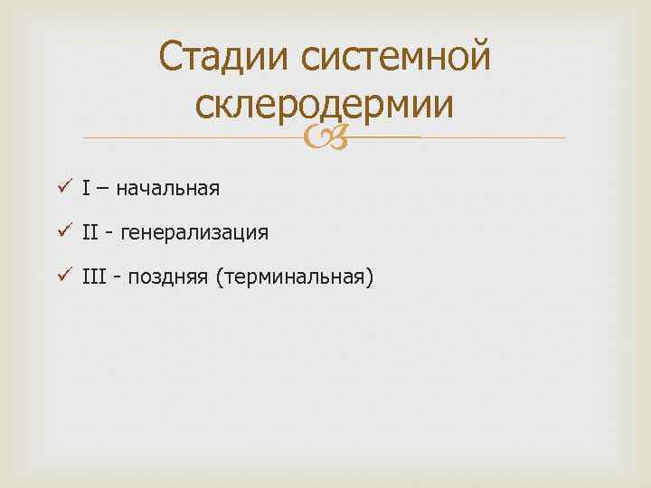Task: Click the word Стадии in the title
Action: [223, 59]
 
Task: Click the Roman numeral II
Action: [89, 232]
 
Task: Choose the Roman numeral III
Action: [93, 276]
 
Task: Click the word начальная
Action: [166, 189]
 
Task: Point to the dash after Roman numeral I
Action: [100, 189]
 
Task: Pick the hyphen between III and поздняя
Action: [117, 277]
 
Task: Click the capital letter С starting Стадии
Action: [171, 59]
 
